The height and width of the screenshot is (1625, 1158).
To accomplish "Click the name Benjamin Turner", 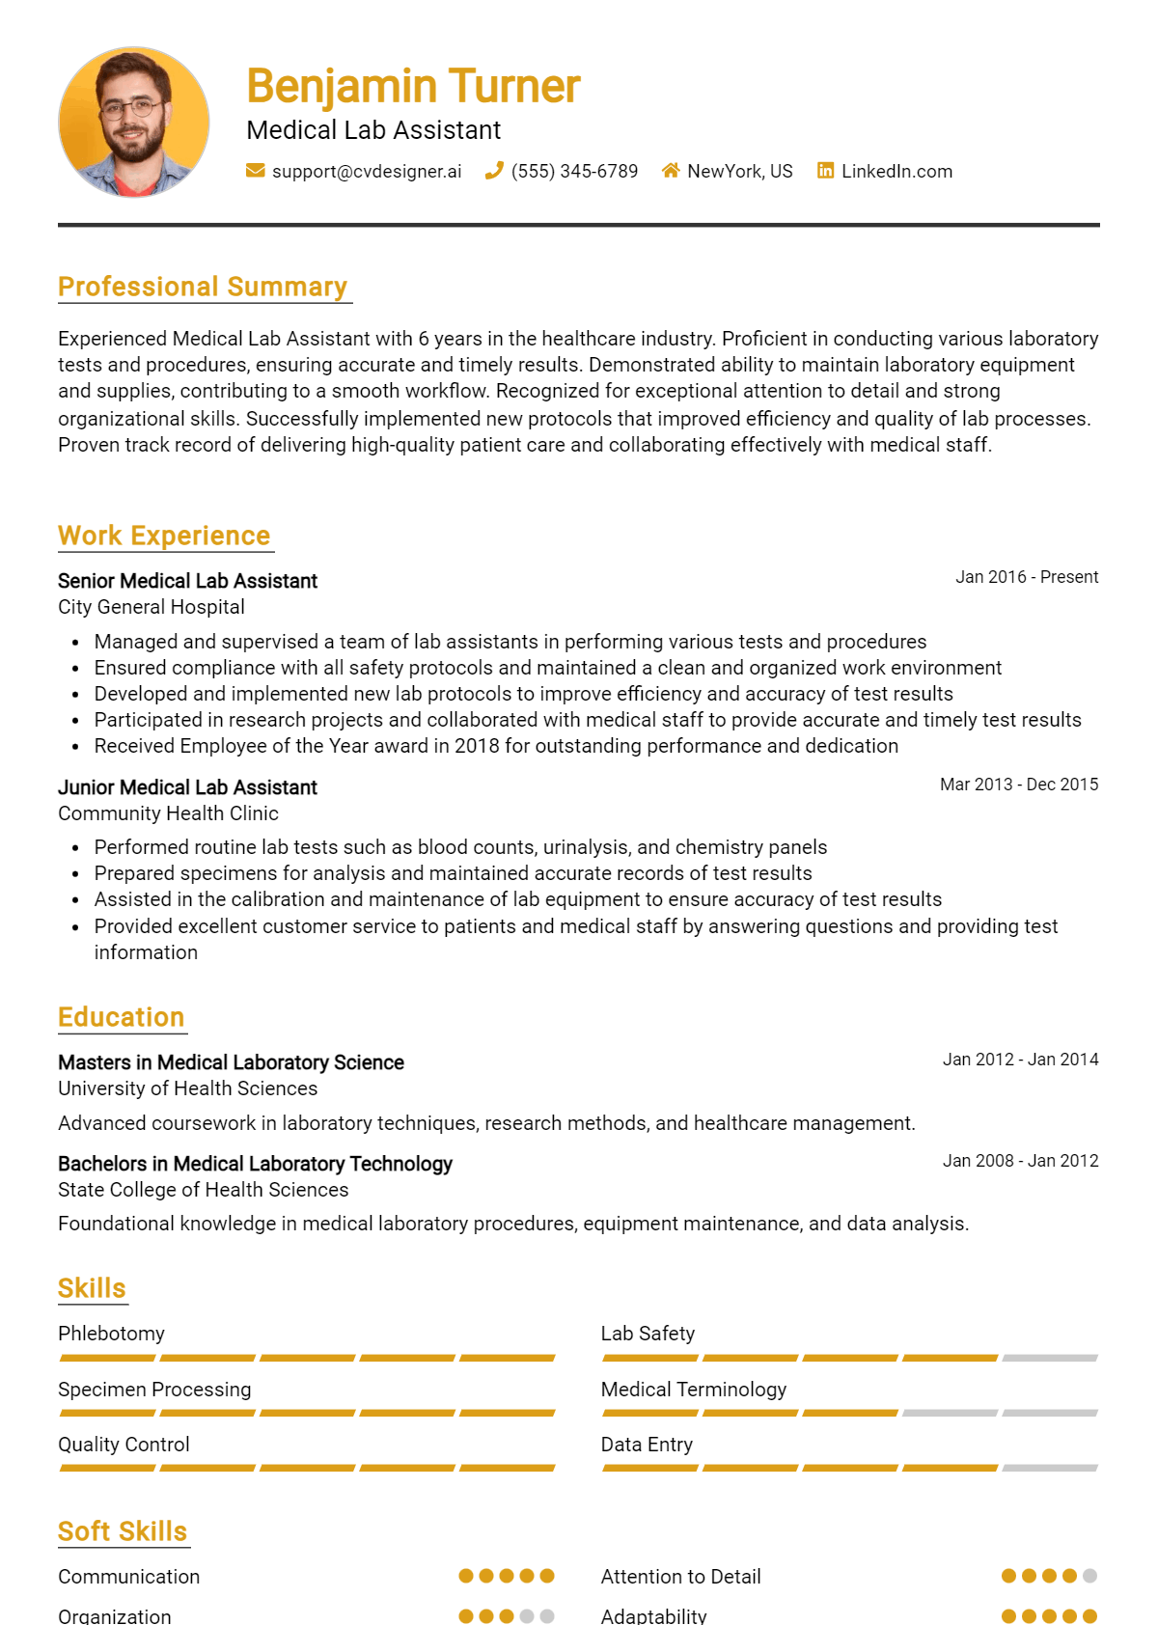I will [x=413, y=86].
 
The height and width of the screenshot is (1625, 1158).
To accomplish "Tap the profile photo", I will [x=134, y=123].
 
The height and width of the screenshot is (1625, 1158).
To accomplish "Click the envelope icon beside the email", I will [x=256, y=171].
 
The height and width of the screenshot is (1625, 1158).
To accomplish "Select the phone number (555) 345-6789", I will [x=574, y=171].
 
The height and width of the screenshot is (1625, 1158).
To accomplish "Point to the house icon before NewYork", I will [x=671, y=171].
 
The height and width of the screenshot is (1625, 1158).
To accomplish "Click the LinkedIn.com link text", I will [x=896, y=171].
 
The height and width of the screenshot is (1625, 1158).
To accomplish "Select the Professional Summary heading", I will [x=203, y=287].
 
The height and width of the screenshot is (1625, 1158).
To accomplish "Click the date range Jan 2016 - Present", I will [x=1027, y=577].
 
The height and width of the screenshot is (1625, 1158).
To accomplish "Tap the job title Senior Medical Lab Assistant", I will [x=187, y=581].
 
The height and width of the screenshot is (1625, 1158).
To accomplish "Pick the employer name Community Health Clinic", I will [x=168, y=813].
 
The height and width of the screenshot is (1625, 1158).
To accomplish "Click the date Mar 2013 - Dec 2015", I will [x=1019, y=785].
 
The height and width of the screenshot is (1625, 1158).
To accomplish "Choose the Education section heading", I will [x=121, y=1017].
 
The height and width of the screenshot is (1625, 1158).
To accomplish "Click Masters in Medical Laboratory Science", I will [x=231, y=1062].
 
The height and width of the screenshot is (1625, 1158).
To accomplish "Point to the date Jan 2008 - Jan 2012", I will [x=1020, y=1161].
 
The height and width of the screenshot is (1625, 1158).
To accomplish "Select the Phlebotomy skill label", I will [x=111, y=1334].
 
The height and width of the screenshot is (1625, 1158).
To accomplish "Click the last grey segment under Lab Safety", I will [x=1050, y=1358].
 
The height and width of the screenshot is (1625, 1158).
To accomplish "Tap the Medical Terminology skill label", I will [x=693, y=1390].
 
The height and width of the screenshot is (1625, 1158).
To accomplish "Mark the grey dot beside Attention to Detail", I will [x=1089, y=1576].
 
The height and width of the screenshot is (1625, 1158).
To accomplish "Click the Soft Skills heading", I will [x=123, y=1531].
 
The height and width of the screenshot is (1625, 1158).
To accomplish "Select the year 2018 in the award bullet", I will [x=477, y=746].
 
